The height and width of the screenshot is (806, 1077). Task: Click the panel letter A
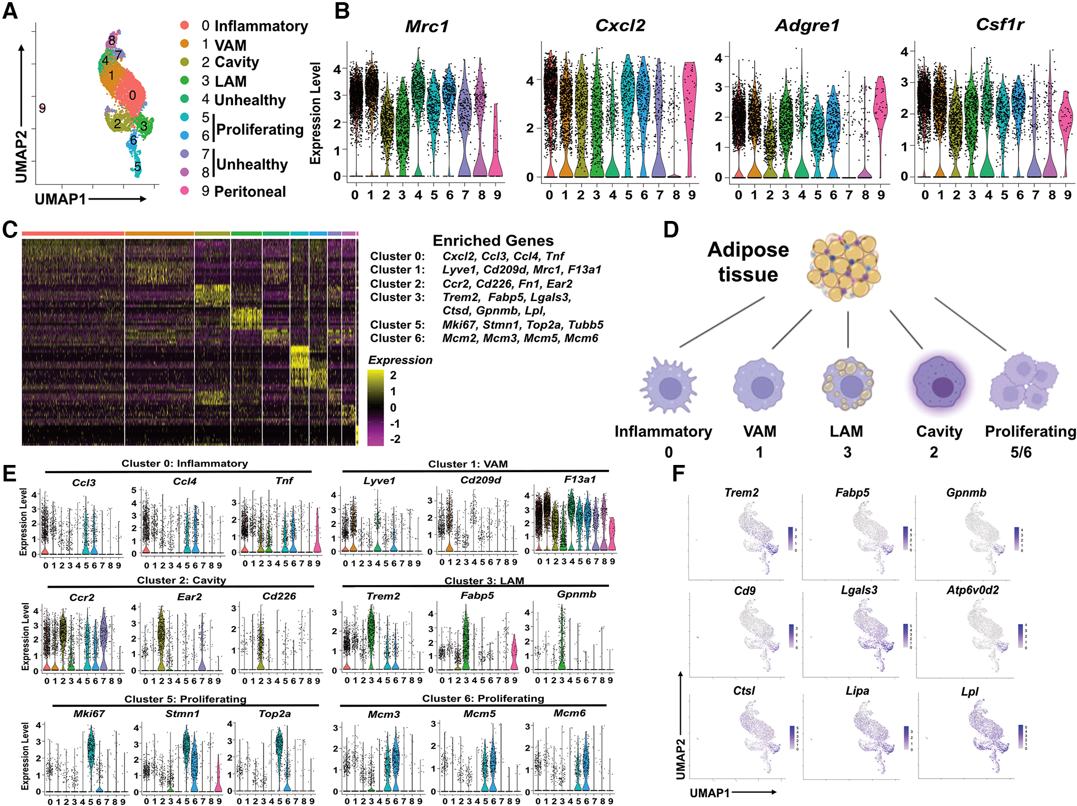coord(10,11)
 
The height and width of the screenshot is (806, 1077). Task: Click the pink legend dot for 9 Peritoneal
coord(185,191)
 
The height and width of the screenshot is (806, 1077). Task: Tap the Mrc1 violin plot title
coord(426,26)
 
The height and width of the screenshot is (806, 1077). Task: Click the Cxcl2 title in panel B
coord(620,25)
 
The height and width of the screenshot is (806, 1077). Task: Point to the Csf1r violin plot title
coord(1000,25)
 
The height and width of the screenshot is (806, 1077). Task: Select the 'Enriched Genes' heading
coord(493,241)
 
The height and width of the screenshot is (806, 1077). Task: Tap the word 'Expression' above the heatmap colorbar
coord(400,360)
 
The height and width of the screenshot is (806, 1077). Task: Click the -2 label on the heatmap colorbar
coord(395,439)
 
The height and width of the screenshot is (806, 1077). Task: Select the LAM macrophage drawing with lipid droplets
coord(847,384)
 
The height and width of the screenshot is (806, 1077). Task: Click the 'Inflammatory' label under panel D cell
coord(663,432)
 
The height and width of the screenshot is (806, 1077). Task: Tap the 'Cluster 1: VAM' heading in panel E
coord(468,464)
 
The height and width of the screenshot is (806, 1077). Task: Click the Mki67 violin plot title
coord(89,714)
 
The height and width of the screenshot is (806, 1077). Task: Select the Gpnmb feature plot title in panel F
coord(966,492)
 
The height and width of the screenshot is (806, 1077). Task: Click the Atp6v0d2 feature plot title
coord(972,590)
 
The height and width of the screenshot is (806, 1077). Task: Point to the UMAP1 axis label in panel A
coord(60,199)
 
